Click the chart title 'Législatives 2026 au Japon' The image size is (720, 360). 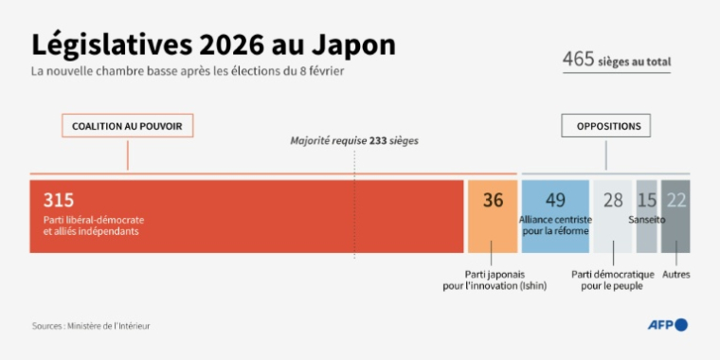click(x=213, y=45)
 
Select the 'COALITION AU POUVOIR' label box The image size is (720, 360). click(x=127, y=125)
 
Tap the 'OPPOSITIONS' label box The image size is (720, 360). click(x=607, y=125)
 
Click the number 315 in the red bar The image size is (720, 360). click(x=58, y=200)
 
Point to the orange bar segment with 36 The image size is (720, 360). click(x=493, y=216)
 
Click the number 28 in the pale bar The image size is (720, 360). click(x=613, y=200)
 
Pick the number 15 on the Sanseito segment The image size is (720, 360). click(x=646, y=200)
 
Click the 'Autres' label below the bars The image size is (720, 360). click(x=676, y=275)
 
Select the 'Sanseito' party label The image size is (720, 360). click(x=647, y=220)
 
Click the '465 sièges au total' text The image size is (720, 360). click(x=617, y=61)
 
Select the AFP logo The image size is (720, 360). click(x=667, y=325)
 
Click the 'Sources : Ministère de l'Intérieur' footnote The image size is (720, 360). click(x=91, y=326)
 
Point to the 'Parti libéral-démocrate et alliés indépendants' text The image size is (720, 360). click(x=94, y=225)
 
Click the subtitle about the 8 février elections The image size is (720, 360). click(x=186, y=72)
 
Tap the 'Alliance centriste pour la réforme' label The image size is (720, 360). click(x=555, y=225)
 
